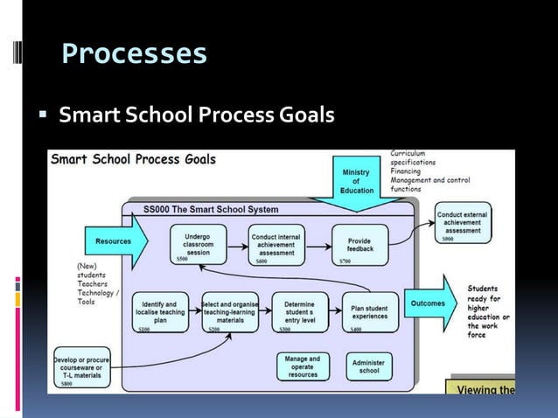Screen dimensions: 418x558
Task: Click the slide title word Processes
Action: (x=135, y=54)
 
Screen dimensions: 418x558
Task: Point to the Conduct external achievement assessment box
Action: (x=463, y=222)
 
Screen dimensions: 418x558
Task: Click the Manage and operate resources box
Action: (x=303, y=366)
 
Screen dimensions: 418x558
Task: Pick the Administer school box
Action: (x=368, y=366)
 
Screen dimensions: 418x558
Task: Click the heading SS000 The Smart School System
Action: (x=211, y=210)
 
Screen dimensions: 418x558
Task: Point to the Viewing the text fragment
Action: (x=482, y=389)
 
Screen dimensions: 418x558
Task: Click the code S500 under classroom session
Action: (x=181, y=260)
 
